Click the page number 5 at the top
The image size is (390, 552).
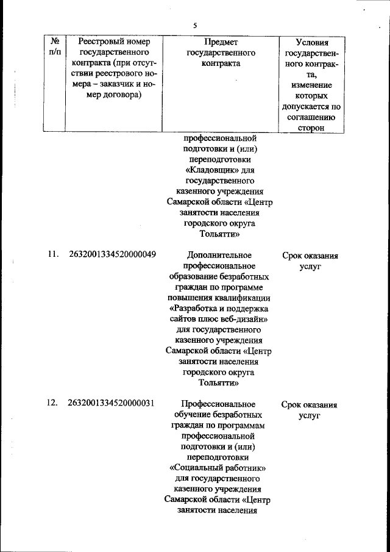(x=195, y=26)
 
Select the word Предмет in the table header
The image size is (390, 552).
(x=221, y=42)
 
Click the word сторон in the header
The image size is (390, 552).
(x=311, y=128)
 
